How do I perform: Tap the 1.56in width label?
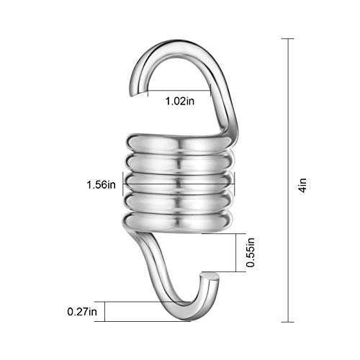click(100, 184)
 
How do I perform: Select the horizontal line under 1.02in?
click(180, 91)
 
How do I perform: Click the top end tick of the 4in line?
click(291, 38)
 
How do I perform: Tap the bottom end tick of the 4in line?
click(291, 320)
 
